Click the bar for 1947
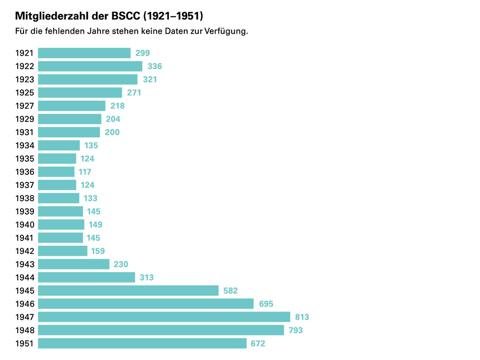tap(164, 317)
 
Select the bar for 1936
tap(56, 172)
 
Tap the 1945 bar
tap(128, 290)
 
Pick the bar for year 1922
tap(90, 66)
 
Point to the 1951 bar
tap(142, 343)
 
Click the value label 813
tap(302, 317)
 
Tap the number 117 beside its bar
tap(85, 172)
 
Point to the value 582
tap(230, 290)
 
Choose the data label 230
tap(121, 264)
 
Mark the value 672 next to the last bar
tap(258, 343)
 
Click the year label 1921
tap(24, 53)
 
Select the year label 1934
tap(24, 145)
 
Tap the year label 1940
tap(24, 225)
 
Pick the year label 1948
tap(24, 330)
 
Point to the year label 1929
tap(24, 119)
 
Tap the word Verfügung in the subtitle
tap(225, 32)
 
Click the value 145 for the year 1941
tap(93, 238)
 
